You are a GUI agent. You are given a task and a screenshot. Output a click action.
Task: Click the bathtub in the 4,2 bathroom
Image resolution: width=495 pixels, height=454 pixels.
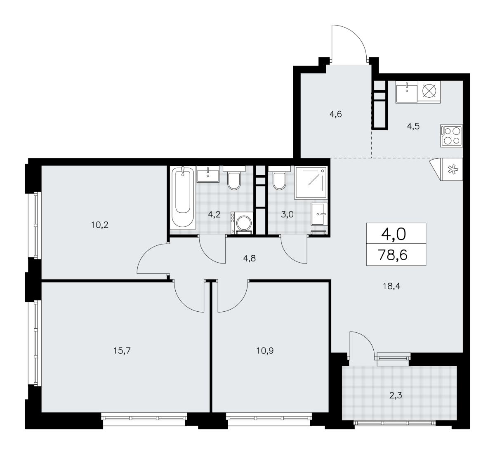(183, 197)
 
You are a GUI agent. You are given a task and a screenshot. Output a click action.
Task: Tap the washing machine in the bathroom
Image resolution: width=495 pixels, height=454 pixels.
(242, 223)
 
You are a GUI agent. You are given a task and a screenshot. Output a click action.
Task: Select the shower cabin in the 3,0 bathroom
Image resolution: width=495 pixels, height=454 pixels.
(311, 183)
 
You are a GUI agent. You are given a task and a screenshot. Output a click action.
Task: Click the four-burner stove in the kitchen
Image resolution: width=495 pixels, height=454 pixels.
(451, 136)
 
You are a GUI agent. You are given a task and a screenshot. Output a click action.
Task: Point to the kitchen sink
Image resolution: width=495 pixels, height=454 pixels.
(407, 92)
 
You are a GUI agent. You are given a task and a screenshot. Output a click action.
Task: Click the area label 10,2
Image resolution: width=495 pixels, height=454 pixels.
(100, 225)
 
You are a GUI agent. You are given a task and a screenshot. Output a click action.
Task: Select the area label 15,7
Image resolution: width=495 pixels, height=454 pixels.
(122, 350)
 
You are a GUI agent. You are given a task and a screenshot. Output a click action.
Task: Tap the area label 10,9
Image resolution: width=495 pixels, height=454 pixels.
(265, 350)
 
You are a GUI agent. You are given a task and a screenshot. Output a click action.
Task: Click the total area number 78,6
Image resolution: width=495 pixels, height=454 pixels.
(393, 255)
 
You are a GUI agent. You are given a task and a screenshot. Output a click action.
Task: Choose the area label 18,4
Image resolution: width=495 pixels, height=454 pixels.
(391, 286)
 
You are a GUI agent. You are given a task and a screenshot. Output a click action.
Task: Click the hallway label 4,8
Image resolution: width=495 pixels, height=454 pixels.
(249, 258)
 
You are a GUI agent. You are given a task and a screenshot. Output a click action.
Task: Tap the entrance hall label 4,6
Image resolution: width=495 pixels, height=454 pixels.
(336, 114)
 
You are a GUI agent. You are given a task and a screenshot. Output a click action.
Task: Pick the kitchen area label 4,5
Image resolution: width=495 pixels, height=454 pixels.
(413, 126)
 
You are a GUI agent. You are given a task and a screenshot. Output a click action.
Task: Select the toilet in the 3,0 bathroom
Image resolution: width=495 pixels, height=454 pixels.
(279, 178)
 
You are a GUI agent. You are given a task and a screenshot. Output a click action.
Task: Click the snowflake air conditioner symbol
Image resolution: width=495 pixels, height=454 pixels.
(453, 169)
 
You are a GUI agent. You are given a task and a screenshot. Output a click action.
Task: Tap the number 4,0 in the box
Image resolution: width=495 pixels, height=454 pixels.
(394, 234)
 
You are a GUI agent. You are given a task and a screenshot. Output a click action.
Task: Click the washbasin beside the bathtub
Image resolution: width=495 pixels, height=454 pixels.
(208, 174)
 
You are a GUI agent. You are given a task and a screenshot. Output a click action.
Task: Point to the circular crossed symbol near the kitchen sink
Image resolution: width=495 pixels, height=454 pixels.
(429, 91)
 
